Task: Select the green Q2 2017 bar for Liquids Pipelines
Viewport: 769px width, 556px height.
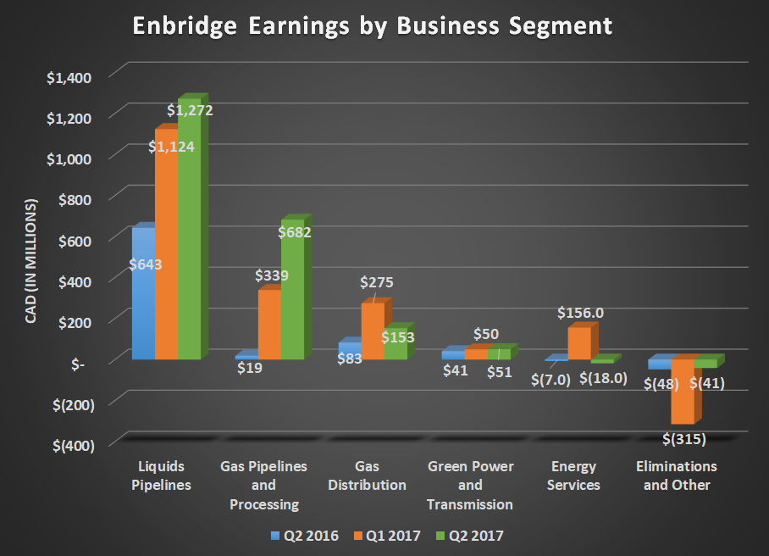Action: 189,254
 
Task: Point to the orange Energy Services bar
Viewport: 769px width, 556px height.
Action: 579,342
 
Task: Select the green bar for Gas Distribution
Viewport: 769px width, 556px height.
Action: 396,343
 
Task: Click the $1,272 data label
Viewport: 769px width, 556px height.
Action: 190,110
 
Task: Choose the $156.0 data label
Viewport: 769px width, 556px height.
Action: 580,313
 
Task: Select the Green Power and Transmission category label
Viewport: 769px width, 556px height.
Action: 470,486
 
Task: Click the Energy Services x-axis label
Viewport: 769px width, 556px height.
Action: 575,476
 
